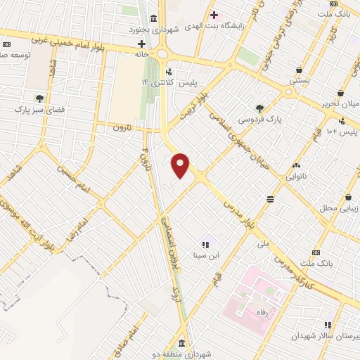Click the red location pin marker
pos(181,166)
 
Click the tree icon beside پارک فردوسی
pos(259,108)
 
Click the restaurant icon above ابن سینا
pos(205,245)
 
